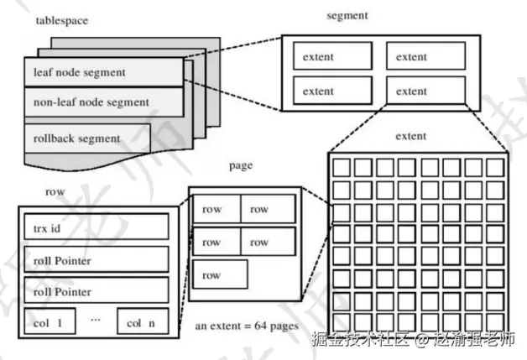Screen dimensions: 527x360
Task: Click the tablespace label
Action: tap(62, 20)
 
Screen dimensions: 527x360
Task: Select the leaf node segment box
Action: tap(104, 72)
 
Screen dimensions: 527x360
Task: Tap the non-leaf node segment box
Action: tap(104, 102)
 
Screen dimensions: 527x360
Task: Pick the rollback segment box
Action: tap(87, 138)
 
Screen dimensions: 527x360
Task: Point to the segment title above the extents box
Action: tap(347, 16)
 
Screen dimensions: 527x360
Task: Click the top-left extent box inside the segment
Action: tap(333, 56)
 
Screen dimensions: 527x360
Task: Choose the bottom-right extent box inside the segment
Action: tap(425, 91)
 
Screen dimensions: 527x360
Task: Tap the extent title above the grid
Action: tap(410, 136)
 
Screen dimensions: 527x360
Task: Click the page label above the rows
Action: tap(241, 165)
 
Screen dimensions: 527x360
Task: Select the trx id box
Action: tap(97, 227)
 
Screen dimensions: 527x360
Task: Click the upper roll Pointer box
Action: tap(97, 259)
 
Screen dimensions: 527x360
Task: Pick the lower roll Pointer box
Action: tap(97, 290)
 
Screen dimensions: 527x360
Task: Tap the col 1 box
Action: tap(50, 321)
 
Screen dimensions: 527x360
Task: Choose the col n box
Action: tap(143, 321)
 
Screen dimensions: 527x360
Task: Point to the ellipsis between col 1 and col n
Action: tap(96, 320)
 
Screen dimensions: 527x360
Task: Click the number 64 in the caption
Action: tap(261, 326)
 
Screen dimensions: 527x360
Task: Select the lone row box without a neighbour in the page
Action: tap(220, 274)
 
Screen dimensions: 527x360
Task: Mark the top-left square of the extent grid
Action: tap(342, 167)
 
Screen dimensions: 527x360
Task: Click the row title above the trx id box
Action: tap(55, 192)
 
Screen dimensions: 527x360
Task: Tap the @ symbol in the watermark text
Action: tap(421, 339)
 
